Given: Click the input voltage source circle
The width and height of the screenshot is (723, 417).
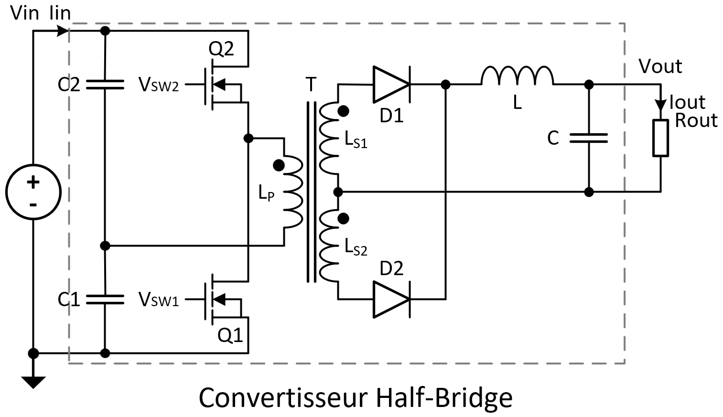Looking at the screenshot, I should pyautogui.click(x=33, y=192).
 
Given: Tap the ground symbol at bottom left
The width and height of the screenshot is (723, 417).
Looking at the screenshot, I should pyautogui.click(x=33, y=382).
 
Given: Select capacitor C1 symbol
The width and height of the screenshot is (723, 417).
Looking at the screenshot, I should pyautogui.click(x=105, y=299).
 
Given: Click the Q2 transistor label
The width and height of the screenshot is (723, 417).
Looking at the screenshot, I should pyautogui.click(x=221, y=48).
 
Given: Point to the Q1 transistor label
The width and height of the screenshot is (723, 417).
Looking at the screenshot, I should pyautogui.click(x=230, y=336).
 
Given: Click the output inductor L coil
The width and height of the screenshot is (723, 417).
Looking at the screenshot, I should pyautogui.click(x=517, y=76).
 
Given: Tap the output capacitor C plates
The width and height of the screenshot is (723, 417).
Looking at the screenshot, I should pyautogui.click(x=589, y=138).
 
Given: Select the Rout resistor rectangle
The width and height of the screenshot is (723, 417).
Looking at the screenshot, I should pyautogui.click(x=660, y=138).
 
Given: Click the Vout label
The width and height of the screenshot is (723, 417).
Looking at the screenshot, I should pyautogui.click(x=660, y=66).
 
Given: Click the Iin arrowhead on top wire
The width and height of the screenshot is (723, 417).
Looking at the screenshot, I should pyautogui.click(x=63, y=31).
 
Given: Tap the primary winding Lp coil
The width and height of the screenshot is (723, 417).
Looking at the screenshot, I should pyautogui.click(x=293, y=192).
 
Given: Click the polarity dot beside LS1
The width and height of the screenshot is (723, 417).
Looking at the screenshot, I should pyautogui.click(x=343, y=111).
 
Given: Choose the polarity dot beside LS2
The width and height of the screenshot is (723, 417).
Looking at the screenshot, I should pyautogui.click(x=343, y=219).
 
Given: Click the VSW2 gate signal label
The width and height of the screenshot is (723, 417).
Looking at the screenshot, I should pyautogui.click(x=159, y=85).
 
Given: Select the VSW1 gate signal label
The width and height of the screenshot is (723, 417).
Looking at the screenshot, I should pyautogui.click(x=159, y=299).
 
